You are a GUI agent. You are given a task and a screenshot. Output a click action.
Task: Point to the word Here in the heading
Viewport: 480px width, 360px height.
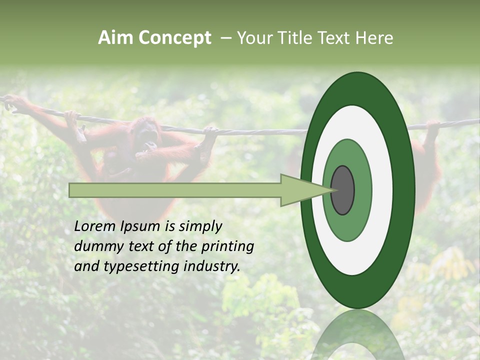point(375,38)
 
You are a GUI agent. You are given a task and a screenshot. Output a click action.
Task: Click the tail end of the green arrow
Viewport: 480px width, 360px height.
point(70,190)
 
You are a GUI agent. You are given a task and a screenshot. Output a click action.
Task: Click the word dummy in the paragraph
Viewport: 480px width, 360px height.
point(96,246)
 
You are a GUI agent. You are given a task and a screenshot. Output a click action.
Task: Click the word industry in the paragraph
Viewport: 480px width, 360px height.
point(211,266)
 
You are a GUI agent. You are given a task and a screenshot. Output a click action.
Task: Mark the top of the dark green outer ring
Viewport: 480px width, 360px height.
point(357,80)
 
